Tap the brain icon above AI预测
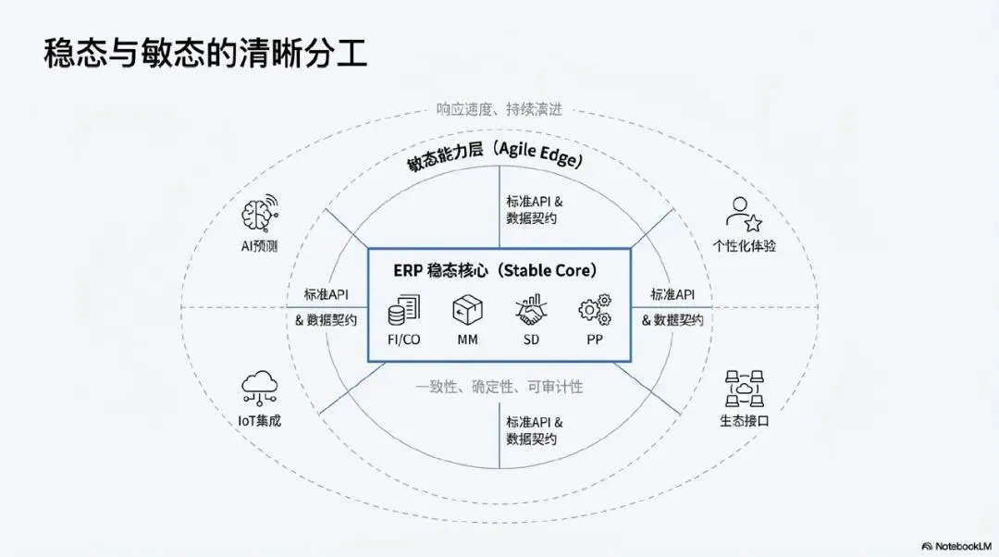tap(259, 214)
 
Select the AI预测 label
tap(259, 247)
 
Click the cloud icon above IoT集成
tap(259, 388)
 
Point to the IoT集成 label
tap(259, 420)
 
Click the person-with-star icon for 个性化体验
tap(743, 214)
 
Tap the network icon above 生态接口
tap(744, 388)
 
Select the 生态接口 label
tap(744, 420)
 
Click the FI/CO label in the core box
tap(403, 340)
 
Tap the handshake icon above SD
tap(531, 310)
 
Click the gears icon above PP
tap(594, 310)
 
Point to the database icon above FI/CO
tap(403, 310)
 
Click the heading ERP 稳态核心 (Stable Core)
tap(499, 271)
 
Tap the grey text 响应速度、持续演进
tap(499, 109)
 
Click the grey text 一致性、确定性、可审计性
tap(499, 387)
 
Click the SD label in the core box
tap(531, 340)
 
